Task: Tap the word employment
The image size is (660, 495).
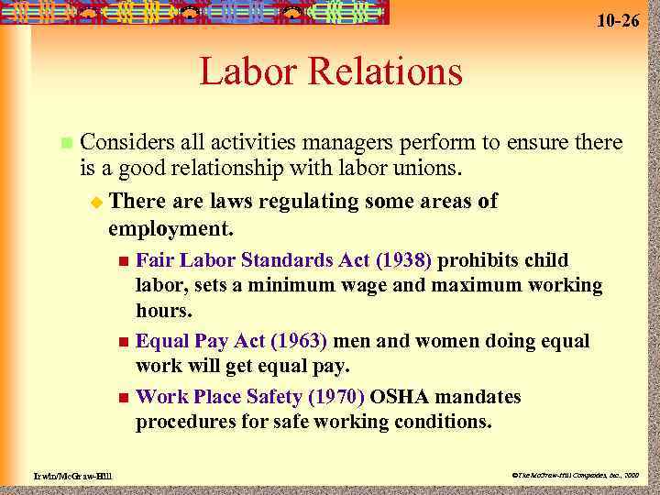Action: coord(170,225)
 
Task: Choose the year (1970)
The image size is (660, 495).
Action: coord(335,397)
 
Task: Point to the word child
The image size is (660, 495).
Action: coord(544,261)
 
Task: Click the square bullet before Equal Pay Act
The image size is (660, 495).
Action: coord(124,342)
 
